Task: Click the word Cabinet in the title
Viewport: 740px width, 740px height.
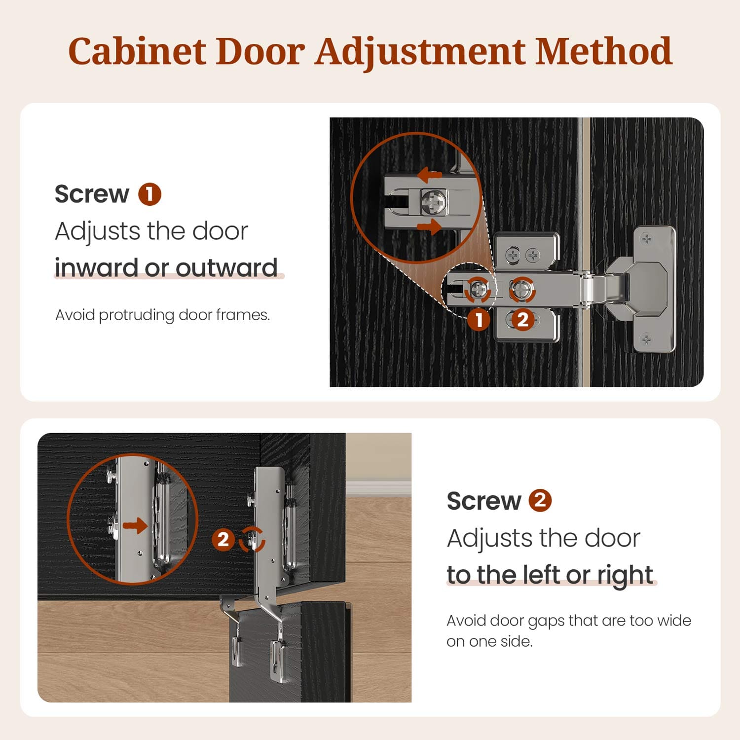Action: tap(137, 51)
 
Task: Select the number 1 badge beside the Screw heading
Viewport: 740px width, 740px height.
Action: tap(149, 194)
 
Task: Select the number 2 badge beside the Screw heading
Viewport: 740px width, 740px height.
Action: tap(540, 500)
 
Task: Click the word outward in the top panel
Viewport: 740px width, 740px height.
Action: tap(227, 267)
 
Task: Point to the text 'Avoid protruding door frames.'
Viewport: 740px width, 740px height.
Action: tap(163, 315)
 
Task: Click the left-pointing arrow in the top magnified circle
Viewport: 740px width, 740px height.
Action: tap(429, 175)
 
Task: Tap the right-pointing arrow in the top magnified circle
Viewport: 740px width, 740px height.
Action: tap(429, 227)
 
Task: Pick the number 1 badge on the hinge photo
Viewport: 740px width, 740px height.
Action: tap(479, 320)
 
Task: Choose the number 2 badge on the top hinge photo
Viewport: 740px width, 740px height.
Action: tap(522, 320)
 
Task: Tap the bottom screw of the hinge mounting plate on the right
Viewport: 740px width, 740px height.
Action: tap(646, 339)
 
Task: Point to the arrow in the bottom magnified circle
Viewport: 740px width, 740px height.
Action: tap(135, 525)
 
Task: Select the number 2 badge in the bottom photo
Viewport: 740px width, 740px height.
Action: tap(223, 539)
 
